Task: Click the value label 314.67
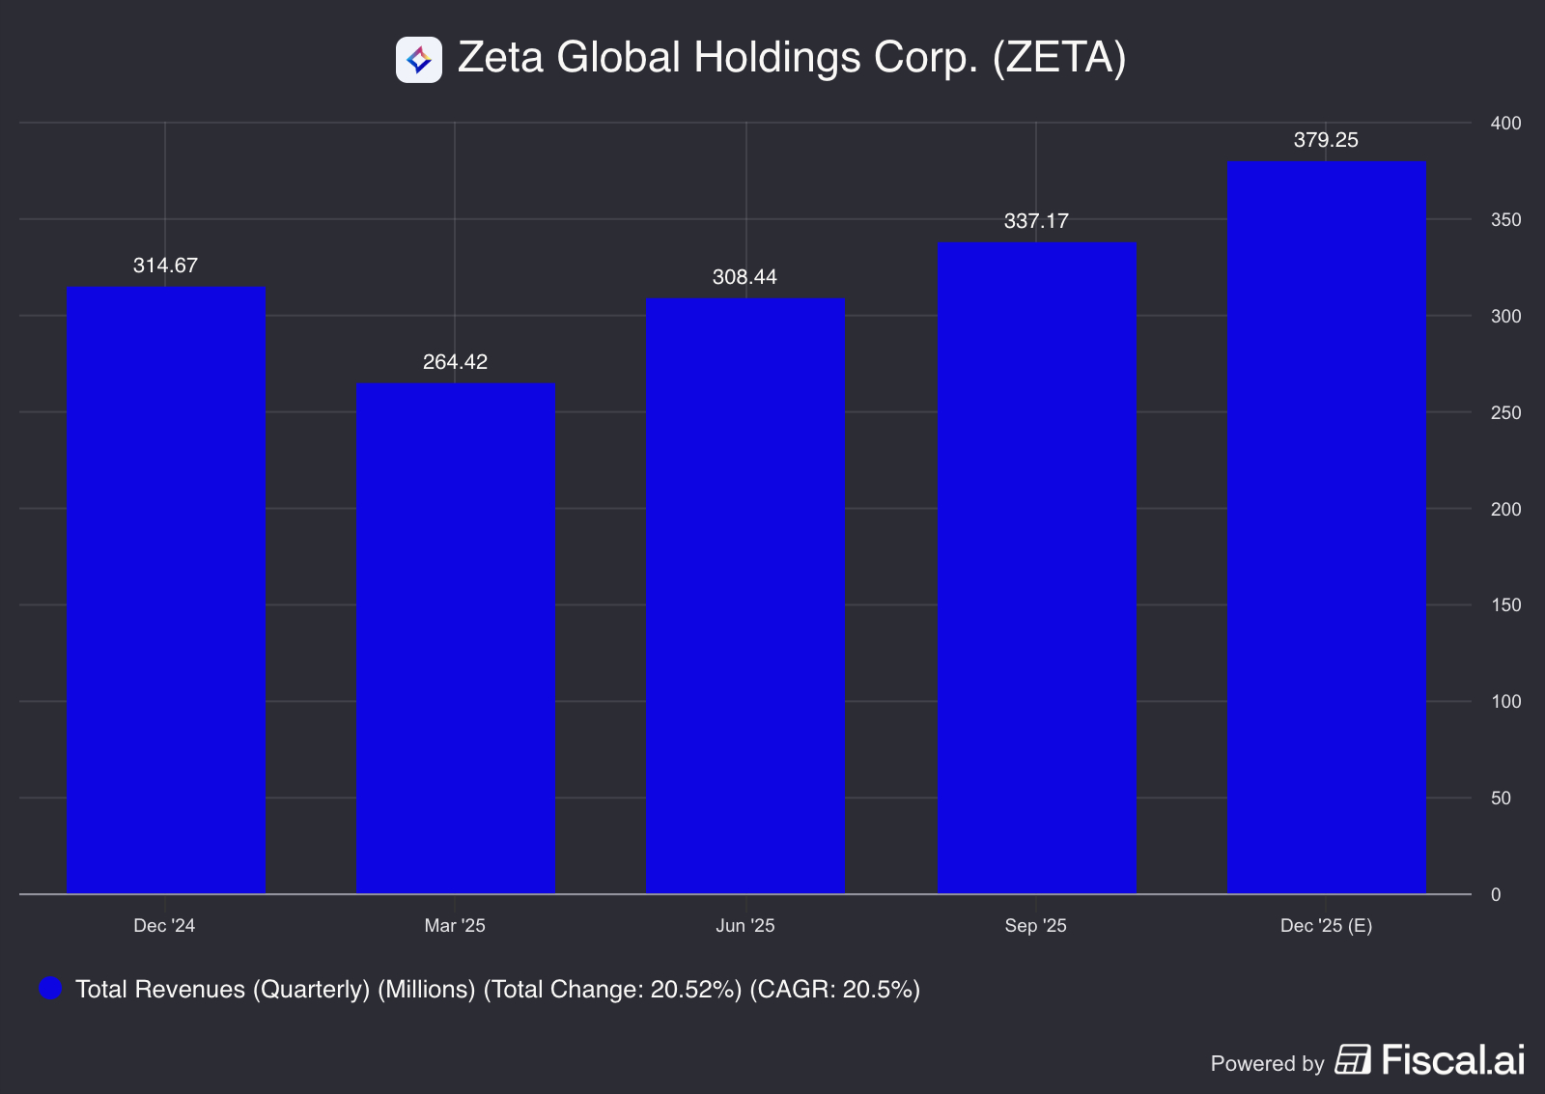(165, 266)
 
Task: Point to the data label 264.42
(455, 362)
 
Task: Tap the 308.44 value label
(744, 277)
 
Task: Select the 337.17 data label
(1036, 221)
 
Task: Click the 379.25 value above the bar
(1326, 140)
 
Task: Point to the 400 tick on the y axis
(1505, 123)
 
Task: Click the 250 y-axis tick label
(1505, 412)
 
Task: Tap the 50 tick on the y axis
(1501, 798)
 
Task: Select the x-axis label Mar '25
(455, 925)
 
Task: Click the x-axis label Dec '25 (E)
(1326, 925)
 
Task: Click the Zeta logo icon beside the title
(419, 60)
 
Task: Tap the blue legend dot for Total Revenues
(50, 988)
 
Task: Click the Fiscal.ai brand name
(1452, 1060)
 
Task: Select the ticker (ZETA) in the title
(1059, 58)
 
